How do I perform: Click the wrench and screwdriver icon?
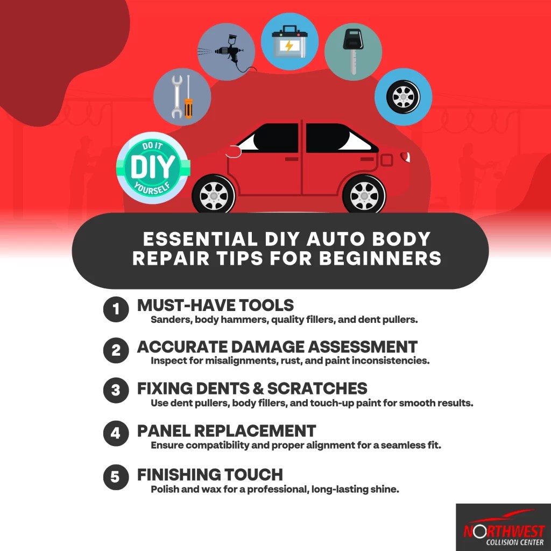coord(181,97)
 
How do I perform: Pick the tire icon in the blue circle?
coord(403,97)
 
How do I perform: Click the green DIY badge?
coord(152,168)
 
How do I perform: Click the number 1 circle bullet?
coord(116,310)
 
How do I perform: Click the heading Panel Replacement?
coord(226,431)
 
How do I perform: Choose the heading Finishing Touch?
coord(210,475)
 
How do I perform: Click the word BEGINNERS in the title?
coord(380,258)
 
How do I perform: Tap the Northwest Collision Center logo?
coord(503,528)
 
